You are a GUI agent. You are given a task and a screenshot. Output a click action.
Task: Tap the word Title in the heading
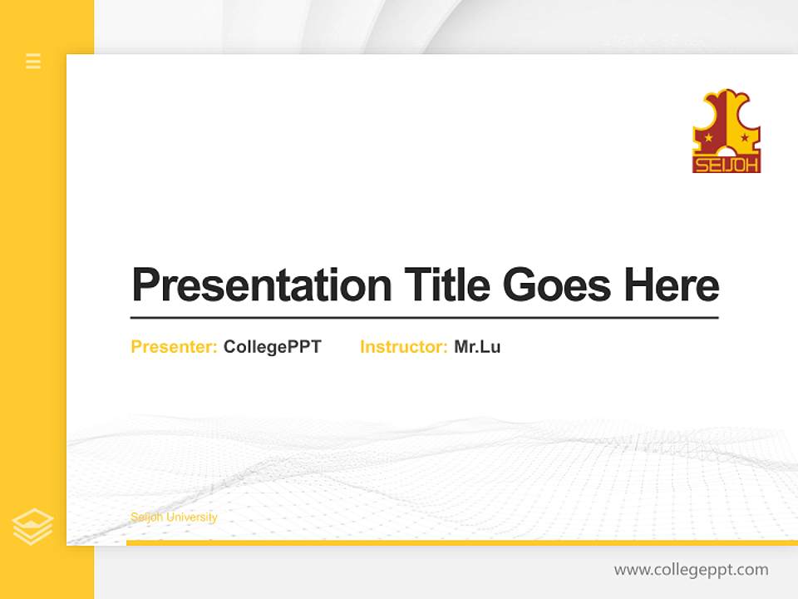tap(447, 285)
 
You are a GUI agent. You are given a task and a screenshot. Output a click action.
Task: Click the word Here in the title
tap(671, 285)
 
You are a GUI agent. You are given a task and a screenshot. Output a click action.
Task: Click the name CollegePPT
tap(272, 347)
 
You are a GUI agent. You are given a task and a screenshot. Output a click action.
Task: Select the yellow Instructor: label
tap(404, 347)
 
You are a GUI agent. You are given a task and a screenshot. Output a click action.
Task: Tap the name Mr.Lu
tap(477, 347)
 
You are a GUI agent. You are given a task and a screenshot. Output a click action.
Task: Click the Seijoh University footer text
tap(174, 517)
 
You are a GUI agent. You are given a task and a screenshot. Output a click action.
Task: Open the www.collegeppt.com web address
tap(691, 570)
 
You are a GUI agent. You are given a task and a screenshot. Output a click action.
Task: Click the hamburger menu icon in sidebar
tap(33, 61)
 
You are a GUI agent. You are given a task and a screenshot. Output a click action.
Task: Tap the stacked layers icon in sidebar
tap(33, 527)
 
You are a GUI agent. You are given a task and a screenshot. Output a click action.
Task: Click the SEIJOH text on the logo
tap(727, 164)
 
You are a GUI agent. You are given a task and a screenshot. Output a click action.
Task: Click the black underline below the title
tap(424, 317)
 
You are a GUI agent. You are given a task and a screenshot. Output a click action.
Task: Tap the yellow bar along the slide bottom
tap(461, 542)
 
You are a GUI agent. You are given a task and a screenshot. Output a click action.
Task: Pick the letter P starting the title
tap(145, 285)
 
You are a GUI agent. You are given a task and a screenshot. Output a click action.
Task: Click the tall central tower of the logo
tap(727, 116)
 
